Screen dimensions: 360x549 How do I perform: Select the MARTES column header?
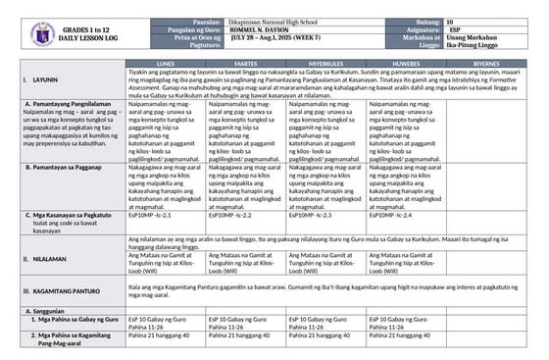coord(245,61)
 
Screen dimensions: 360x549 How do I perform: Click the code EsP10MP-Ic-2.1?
coord(151,214)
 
